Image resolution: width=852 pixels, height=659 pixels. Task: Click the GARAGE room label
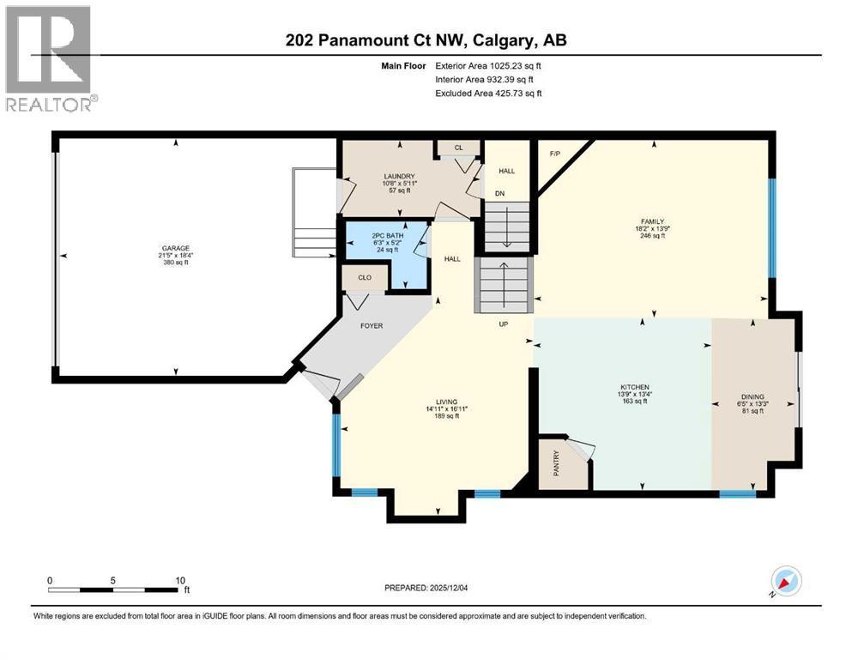point(173,247)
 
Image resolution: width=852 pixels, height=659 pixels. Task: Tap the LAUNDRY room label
point(397,176)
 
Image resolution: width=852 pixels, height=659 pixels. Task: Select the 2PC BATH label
point(386,234)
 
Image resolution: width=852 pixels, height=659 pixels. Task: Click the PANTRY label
point(556,463)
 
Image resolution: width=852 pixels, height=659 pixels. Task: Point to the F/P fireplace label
point(554,154)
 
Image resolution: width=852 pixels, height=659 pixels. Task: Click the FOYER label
point(371,325)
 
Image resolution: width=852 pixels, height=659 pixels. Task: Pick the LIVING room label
point(446,402)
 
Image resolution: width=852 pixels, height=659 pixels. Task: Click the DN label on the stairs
point(499,193)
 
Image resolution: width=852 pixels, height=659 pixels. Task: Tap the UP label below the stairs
point(505,325)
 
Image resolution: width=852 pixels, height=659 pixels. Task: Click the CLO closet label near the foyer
point(365,278)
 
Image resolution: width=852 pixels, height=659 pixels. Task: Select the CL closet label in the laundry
point(458,148)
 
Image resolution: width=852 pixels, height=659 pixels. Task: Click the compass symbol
point(785,582)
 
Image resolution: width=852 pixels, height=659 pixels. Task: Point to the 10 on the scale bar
point(180,580)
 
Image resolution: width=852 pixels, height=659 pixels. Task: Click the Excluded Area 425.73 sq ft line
point(488,93)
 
